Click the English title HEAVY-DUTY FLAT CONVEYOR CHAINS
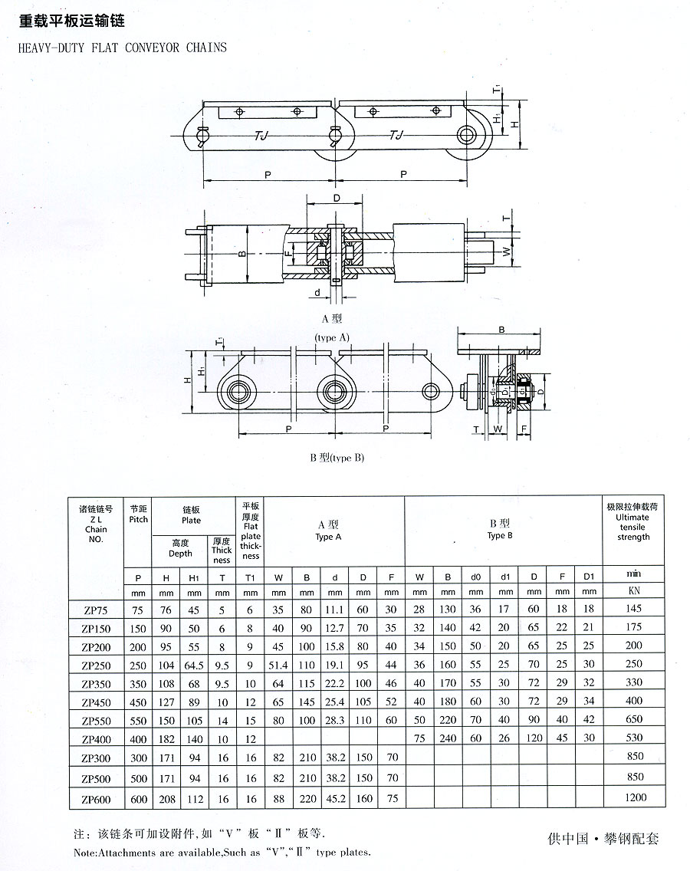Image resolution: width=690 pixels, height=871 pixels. pyautogui.click(x=121, y=47)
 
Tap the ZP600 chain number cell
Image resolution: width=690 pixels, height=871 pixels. pyautogui.click(x=97, y=797)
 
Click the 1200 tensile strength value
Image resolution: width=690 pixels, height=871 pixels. pyautogui.click(x=634, y=797)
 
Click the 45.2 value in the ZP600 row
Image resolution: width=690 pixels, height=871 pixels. pyautogui.click(x=334, y=797)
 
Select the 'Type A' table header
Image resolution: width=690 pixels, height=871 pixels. pyautogui.click(x=328, y=531)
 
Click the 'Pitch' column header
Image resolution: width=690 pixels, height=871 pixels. pyautogui.click(x=139, y=514)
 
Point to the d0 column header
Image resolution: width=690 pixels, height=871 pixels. pyautogui.click(x=476, y=575)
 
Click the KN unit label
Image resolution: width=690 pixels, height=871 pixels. pyautogui.click(x=633, y=591)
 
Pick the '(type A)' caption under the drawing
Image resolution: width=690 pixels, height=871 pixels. pyautogui.click(x=332, y=337)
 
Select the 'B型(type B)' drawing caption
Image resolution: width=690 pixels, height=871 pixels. pyautogui.click(x=337, y=458)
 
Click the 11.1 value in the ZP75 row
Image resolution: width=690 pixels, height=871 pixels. pyautogui.click(x=334, y=610)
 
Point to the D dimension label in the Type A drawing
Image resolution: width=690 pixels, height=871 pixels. pyautogui.click(x=336, y=199)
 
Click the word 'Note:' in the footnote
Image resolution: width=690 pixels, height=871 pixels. pyautogui.click(x=86, y=852)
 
